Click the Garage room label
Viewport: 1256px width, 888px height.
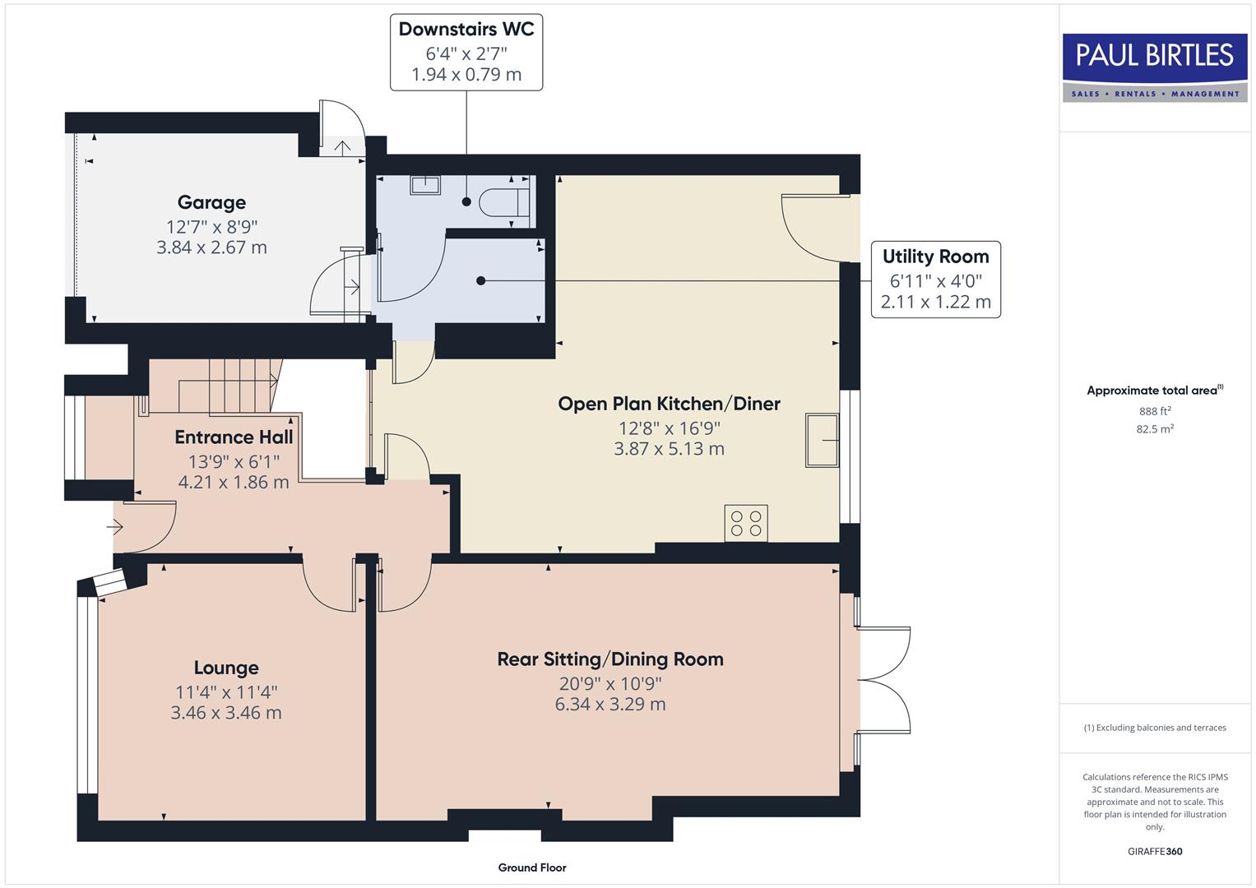tap(211, 202)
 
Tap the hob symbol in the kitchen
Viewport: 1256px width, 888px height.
tap(746, 523)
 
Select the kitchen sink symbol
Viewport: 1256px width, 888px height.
tap(822, 440)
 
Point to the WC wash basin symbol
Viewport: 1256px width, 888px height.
tap(424, 185)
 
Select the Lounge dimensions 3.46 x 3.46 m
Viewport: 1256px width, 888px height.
tap(226, 713)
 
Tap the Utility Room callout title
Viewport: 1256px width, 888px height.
tap(935, 257)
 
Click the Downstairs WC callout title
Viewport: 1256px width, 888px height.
tap(466, 30)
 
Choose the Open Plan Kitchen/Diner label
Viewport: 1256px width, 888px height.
tap(669, 404)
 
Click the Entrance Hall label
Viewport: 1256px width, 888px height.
tap(234, 437)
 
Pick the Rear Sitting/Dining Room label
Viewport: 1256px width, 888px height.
tap(610, 659)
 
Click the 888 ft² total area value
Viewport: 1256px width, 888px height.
tap(1154, 411)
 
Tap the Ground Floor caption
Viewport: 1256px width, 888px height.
tap(531, 867)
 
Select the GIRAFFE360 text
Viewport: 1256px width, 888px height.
tap(1154, 851)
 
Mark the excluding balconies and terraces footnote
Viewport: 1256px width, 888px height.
tap(1154, 728)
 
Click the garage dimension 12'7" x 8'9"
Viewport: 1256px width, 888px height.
tap(211, 227)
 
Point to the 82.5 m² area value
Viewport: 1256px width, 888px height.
tap(1154, 429)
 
